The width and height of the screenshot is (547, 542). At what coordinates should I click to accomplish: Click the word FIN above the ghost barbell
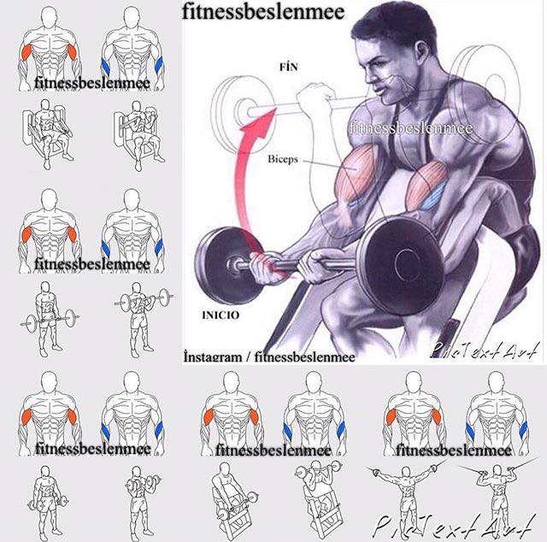tap(289, 67)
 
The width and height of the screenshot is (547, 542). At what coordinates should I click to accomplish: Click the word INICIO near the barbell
tap(221, 315)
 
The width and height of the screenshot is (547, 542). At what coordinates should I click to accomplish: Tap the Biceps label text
tap(283, 159)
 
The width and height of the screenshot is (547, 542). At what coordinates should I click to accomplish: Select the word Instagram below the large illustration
tap(213, 356)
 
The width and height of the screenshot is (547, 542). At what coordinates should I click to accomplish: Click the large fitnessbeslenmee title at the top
tap(263, 11)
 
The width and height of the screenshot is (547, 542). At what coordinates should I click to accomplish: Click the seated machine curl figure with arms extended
tap(48, 133)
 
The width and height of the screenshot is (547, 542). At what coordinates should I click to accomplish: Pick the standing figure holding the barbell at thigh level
tap(49, 319)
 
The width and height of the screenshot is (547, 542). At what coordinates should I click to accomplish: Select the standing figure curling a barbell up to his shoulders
tap(143, 320)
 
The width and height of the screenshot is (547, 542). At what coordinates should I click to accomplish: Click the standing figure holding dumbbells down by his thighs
tap(48, 501)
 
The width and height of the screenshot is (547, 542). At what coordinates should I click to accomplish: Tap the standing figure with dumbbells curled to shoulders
tap(141, 501)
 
